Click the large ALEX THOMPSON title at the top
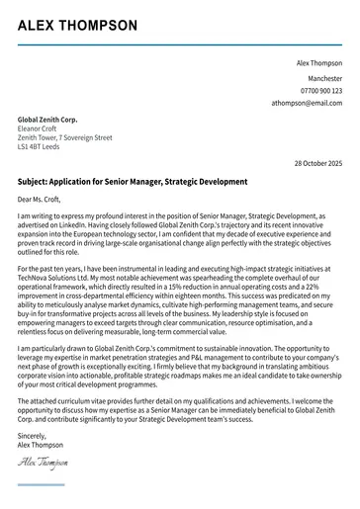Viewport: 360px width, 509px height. [77, 26]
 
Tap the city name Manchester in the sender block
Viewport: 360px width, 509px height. [324, 77]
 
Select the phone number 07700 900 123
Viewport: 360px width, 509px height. [318, 90]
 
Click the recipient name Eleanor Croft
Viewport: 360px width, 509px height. [41, 128]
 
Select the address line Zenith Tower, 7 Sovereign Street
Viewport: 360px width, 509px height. [65, 138]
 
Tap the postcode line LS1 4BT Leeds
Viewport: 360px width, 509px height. [39, 148]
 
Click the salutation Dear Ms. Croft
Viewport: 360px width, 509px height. [41, 200]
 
